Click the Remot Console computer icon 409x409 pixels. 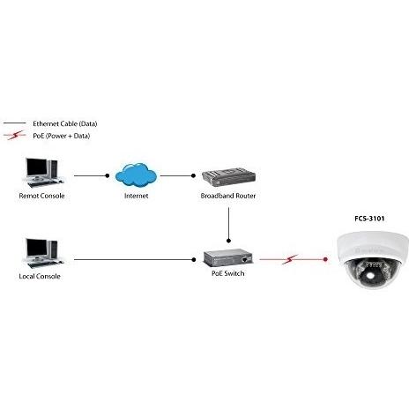pos(41,173)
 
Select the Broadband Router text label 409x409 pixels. pos(227,196)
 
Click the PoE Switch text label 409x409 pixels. pos(227,274)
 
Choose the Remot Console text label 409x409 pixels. pos(41,196)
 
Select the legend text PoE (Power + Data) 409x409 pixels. pos(61,136)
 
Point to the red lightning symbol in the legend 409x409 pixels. pos(14,136)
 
